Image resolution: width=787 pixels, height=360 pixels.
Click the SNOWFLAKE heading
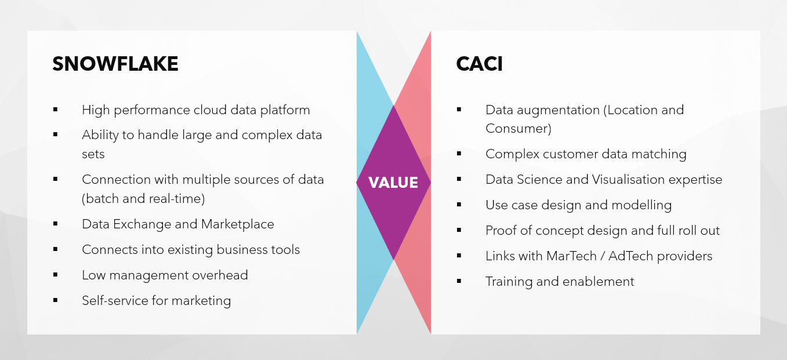[x=115, y=64]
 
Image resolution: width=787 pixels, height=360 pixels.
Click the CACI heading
[x=479, y=64]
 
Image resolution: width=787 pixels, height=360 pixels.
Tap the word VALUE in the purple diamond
[x=393, y=183]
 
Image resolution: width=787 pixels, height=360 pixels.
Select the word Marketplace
[x=238, y=224]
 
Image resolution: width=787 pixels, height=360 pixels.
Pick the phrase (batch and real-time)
[x=143, y=199]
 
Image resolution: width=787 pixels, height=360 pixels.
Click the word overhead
[x=220, y=275]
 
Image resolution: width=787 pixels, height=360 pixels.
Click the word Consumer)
[x=518, y=129]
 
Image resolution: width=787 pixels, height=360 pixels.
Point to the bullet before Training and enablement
[x=459, y=281]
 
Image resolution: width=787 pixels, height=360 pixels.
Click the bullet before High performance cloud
[x=55, y=110]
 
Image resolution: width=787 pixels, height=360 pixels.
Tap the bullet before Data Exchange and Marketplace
[x=55, y=224]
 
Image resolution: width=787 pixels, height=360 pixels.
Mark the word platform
[x=285, y=111]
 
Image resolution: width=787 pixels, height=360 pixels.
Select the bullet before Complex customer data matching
[x=459, y=154]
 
